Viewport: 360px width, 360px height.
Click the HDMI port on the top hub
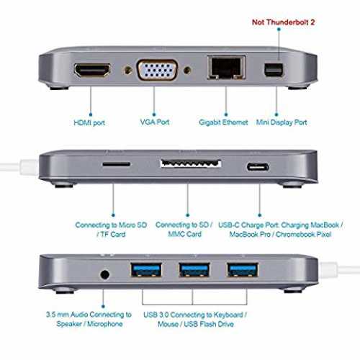[92, 70]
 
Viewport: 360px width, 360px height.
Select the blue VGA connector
[158, 70]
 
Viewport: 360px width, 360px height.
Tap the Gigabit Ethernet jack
[226, 67]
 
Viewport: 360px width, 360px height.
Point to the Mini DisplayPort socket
[274, 69]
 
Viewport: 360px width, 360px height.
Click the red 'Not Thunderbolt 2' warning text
[283, 22]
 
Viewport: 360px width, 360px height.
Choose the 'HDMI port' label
[89, 122]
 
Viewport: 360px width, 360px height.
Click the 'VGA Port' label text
[155, 122]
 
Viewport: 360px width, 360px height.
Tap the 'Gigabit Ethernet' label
[223, 122]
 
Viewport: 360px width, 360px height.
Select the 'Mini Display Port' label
[282, 122]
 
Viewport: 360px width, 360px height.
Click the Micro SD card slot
[117, 164]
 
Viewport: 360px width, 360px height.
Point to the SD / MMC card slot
[191, 163]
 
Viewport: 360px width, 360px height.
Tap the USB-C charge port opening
[258, 167]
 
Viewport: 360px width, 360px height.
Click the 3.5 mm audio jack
[104, 274]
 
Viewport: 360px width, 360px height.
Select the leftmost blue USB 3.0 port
[146, 270]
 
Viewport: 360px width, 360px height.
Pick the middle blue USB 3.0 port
[194, 270]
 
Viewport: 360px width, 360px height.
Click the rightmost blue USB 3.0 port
[243, 270]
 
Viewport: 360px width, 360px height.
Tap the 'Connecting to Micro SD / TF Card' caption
[111, 230]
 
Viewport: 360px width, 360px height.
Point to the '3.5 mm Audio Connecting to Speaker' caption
[89, 319]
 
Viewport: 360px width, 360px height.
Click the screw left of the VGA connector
[128, 71]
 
